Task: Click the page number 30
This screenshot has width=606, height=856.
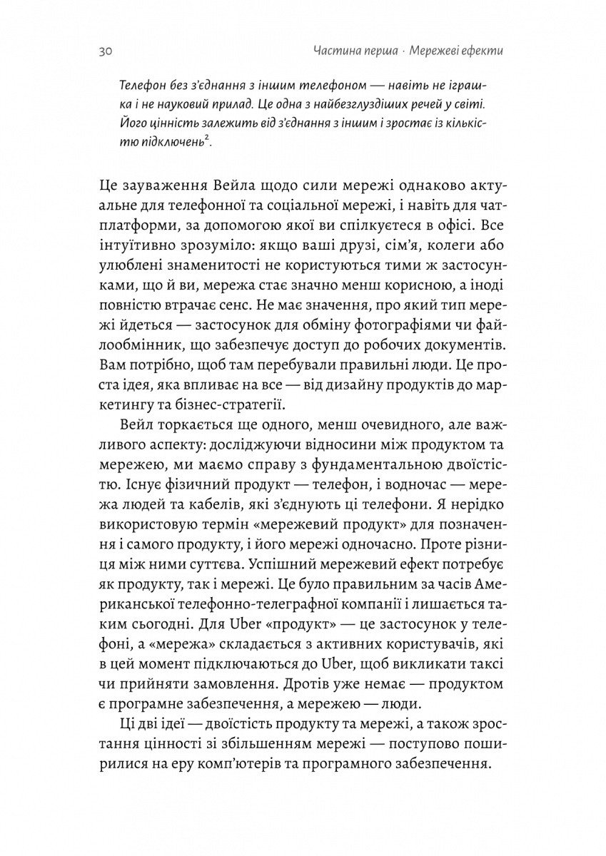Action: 101,51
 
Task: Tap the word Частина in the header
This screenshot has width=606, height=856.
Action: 335,51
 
